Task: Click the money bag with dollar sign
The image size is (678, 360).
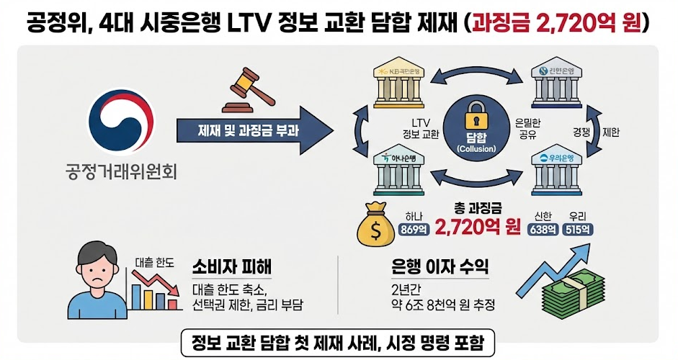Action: [375, 225]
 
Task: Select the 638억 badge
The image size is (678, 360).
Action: [543, 231]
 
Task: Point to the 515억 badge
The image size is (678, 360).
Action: [579, 231]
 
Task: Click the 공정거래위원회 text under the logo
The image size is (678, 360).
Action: [121, 174]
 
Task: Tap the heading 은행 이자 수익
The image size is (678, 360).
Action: [438, 267]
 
